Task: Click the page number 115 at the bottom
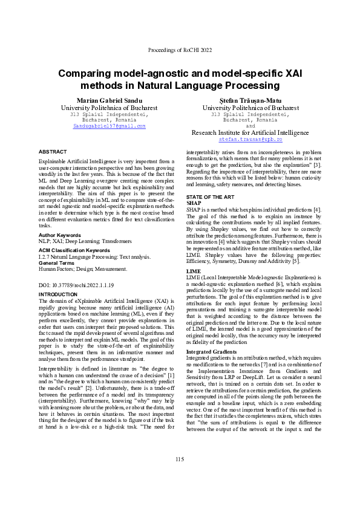[x=180, y=460]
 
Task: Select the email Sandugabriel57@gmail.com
[x=110, y=126]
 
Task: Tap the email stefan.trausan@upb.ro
[x=250, y=139]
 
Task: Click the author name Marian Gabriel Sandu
[x=110, y=100]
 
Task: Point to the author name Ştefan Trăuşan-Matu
[x=250, y=100]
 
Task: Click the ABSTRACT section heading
[x=53, y=151]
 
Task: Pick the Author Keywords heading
[x=59, y=234]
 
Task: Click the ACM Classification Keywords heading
[x=75, y=250]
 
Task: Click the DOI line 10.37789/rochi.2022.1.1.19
[x=76, y=284]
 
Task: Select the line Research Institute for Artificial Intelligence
[x=250, y=132]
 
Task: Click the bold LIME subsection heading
[x=193, y=271]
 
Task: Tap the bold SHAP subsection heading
[x=194, y=203]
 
